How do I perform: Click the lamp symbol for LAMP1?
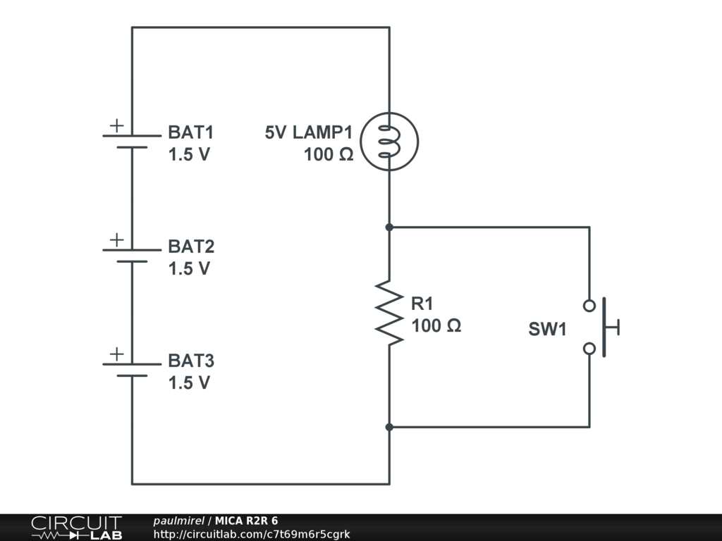(389, 142)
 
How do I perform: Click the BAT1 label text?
(190, 132)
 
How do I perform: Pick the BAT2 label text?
(191, 247)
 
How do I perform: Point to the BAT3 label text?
(191, 361)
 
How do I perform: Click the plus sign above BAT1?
(116, 125)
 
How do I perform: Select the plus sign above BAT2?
(116, 240)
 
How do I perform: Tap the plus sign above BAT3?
(116, 354)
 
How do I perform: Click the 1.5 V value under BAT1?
(189, 155)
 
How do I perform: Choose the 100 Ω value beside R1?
(436, 325)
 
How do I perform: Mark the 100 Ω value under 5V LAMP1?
(329, 155)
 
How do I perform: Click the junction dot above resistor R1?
(389, 228)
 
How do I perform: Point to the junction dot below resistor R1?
(389, 427)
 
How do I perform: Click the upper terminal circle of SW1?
(589, 306)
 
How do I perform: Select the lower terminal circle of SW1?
(589, 348)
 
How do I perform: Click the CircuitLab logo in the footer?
(76, 528)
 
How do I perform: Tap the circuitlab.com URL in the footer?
(252, 535)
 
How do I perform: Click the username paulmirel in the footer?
(178, 521)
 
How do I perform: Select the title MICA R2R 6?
(247, 521)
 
